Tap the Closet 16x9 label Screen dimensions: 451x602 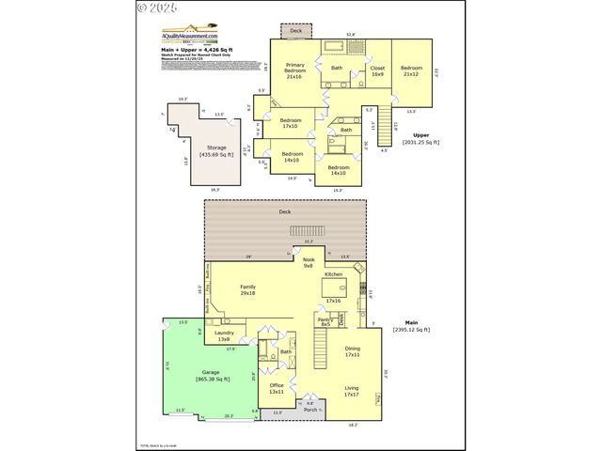pos(377,70)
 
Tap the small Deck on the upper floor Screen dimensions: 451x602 pos(296,31)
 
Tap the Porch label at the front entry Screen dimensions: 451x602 pos(310,410)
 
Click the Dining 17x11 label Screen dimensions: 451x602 pos(353,351)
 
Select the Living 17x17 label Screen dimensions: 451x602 pos(352,390)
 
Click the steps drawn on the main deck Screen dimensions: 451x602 pos(308,231)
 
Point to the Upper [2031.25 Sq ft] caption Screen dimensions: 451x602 pos(420,139)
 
